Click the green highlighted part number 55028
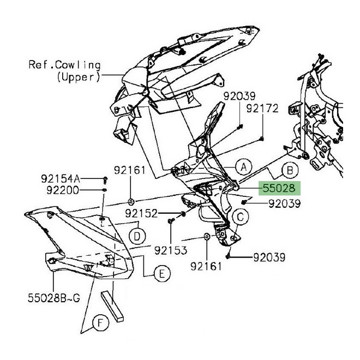[x=279, y=188]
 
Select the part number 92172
[x=262, y=109]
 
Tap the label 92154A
[x=61, y=178]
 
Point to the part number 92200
[x=63, y=190]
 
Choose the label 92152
[x=141, y=213]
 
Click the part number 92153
[x=171, y=250]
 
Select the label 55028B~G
[x=54, y=298]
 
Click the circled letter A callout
[x=244, y=167]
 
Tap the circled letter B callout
[x=290, y=171]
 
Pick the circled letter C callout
[x=240, y=217]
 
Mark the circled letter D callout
[x=137, y=236]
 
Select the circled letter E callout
[x=162, y=274]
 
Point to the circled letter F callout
[x=100, y=323]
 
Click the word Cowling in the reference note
[x=78, y=65]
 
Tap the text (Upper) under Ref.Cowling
[x=79, y=77]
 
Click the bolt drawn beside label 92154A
[x=105, y=180]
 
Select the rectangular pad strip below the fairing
[x=112, y=307]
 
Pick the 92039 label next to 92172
[x=239, y=96]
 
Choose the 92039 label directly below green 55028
[x=285, y=203]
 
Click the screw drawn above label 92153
[x=171, y=221]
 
